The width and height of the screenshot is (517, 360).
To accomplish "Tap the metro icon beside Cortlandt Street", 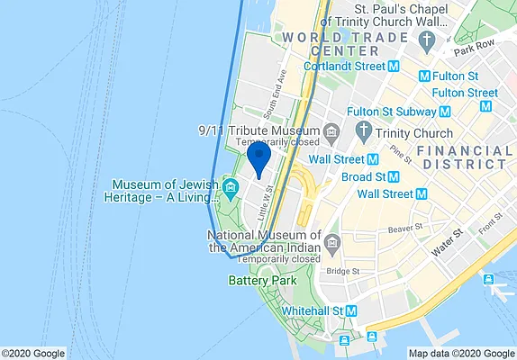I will pos(393,66).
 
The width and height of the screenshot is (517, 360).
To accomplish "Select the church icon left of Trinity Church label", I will pos(363,133).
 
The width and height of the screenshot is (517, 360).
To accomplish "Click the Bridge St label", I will pos(343,271).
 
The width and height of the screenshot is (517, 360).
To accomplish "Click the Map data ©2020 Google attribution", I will pos(461,353).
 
